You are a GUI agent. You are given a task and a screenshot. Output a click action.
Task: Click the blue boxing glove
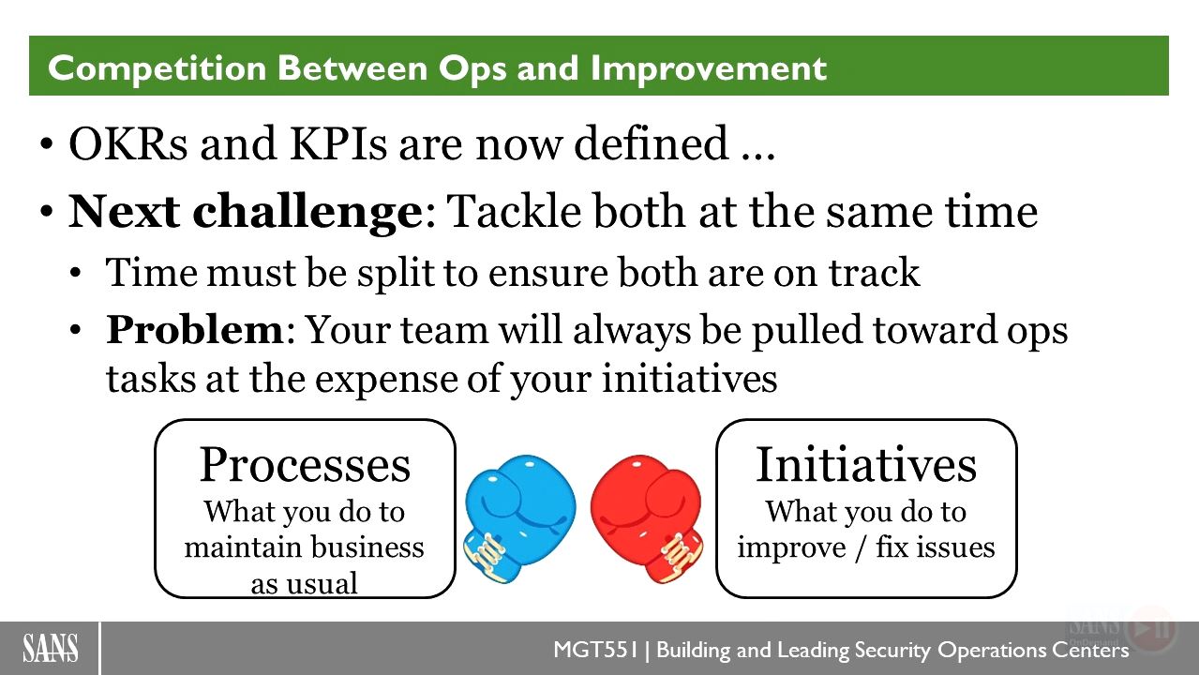pos(519,517)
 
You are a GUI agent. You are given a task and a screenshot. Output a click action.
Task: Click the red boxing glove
pos(648,517)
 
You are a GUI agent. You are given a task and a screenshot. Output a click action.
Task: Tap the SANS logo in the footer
pos(51,648)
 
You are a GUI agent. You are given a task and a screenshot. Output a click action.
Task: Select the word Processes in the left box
pos(305,465)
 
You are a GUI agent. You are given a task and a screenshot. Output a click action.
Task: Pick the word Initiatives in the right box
pos(866,465)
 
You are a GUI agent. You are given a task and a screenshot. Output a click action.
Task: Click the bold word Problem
pos(195,330)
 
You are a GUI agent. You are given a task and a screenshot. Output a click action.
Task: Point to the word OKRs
pos(128,144)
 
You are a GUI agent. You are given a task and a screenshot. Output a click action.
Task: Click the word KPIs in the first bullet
pos(338,144)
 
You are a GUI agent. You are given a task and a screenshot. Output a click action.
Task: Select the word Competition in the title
pos(157,68)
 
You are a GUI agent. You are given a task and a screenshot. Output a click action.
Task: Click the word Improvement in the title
pos(709,68)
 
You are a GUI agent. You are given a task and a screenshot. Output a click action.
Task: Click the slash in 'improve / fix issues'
pos(861,548)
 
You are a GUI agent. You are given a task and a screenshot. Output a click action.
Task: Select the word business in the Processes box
pos(367,547)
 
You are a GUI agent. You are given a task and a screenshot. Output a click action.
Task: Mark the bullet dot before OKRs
pos(47,144)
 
